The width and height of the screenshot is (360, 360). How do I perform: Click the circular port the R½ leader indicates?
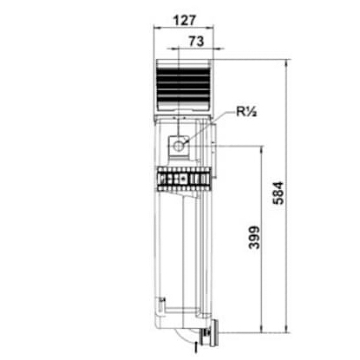pyautogui.click(x=180, y=146)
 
